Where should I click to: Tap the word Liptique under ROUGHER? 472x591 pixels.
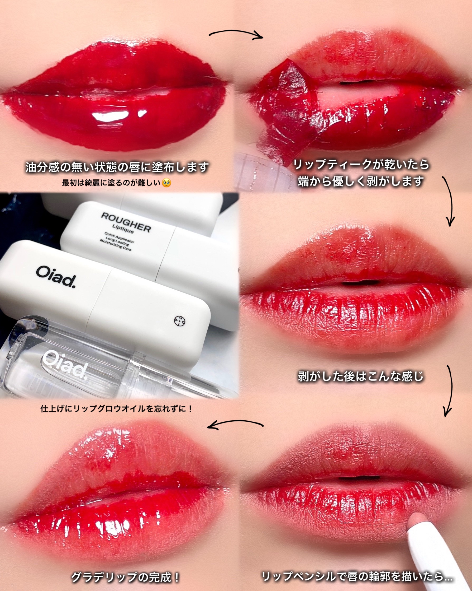pos(123,229)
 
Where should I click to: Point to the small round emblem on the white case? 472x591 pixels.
pos(180,321)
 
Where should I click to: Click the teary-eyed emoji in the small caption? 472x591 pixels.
pos(166,183)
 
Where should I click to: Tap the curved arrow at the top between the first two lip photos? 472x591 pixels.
pos(236,34)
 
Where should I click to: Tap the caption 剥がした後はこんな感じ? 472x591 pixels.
pos(361,376)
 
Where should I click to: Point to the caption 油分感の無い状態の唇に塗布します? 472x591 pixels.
pos(117,167)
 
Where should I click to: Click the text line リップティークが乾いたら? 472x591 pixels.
pos(361,165)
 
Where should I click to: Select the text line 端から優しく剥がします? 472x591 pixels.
pos(361,181)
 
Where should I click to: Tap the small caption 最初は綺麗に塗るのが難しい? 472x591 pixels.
pos(111,183)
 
